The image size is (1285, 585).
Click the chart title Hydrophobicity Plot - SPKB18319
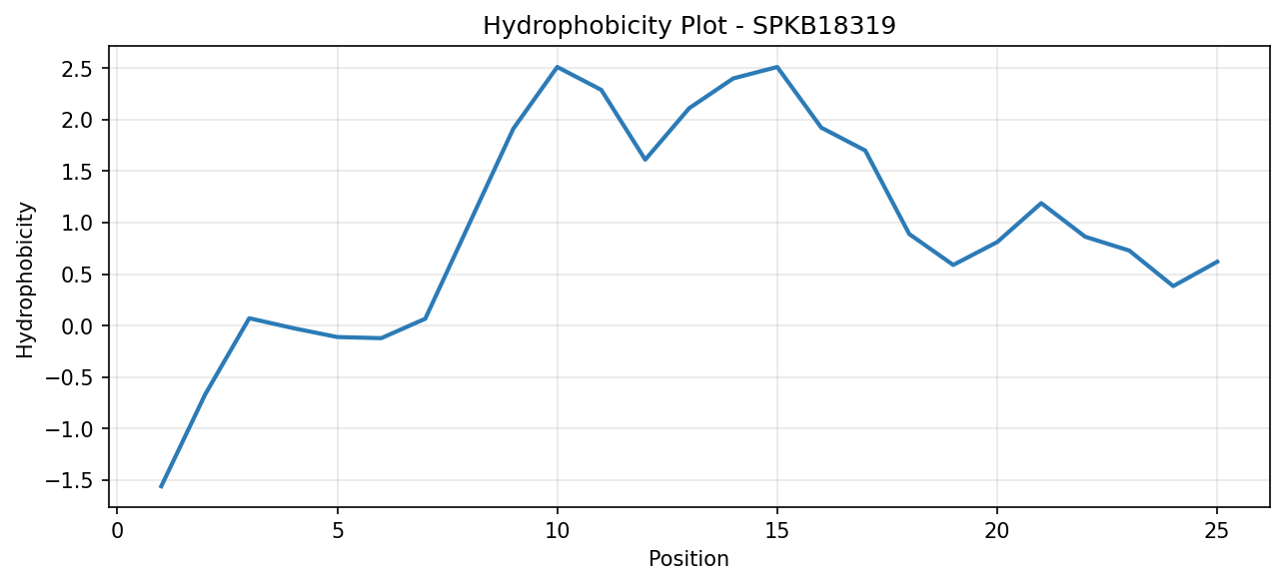689,26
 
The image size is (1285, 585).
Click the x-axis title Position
688,559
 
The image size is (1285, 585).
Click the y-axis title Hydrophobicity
25,281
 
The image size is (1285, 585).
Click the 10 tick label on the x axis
557,532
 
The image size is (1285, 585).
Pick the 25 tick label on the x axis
1217,532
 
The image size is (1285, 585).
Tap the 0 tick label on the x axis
118,532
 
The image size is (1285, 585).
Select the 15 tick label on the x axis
776,532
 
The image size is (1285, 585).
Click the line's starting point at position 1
161,487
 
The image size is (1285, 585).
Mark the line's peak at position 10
557,67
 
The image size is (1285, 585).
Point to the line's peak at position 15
776,67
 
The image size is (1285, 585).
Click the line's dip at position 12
644,160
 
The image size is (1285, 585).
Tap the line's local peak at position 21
1040,203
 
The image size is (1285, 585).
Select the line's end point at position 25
1217,262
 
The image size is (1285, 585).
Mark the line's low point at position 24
1172,286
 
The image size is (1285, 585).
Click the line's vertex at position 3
249,318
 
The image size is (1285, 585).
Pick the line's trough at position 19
953,265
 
